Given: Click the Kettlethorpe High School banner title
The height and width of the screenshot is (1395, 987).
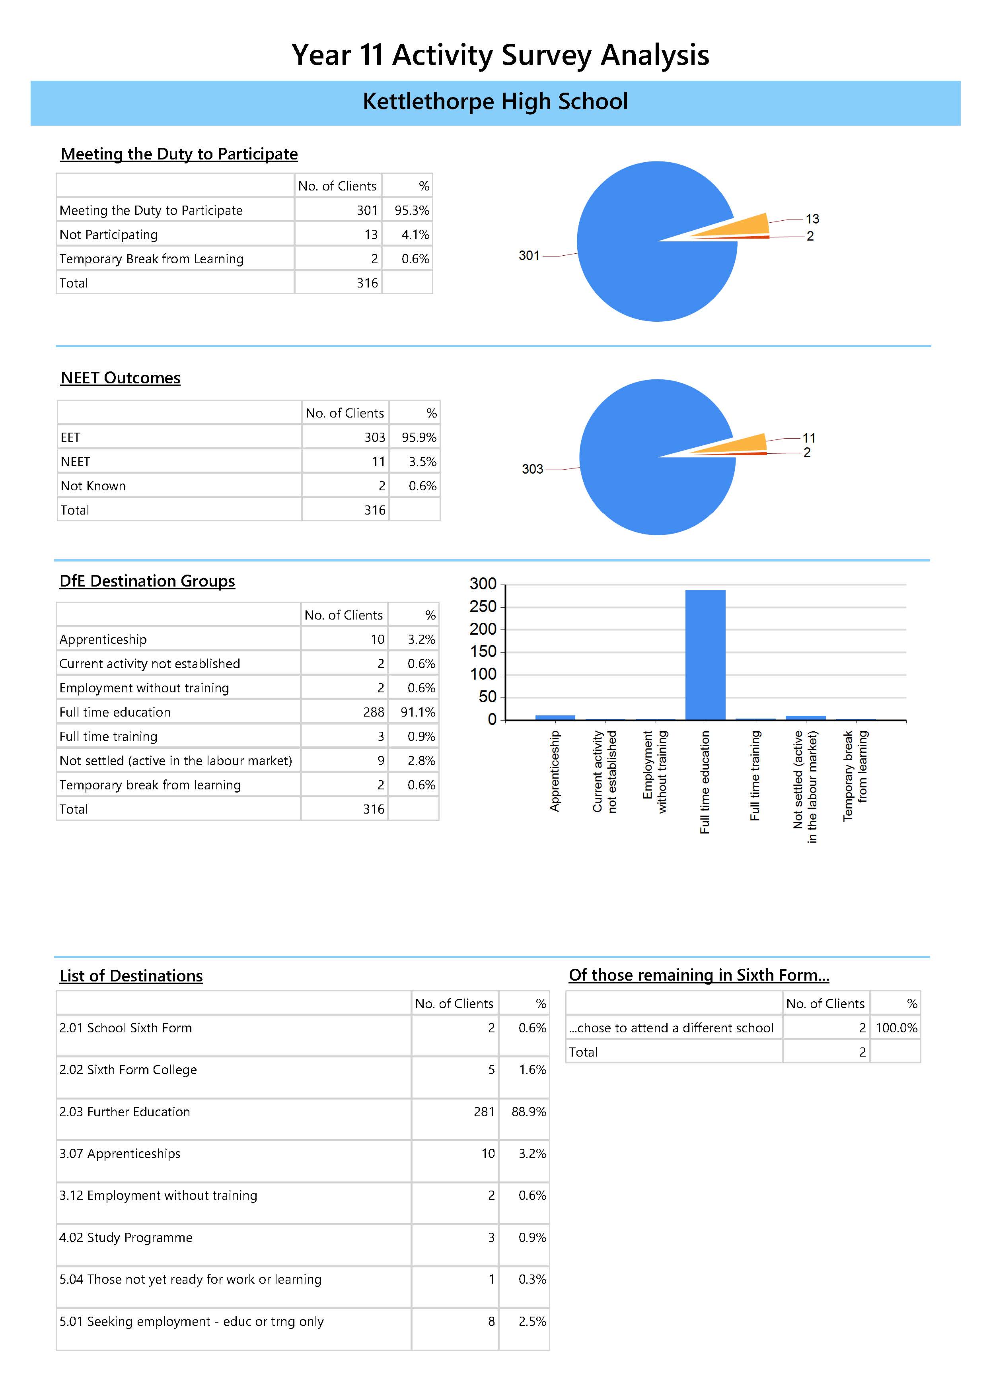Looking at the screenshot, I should click(x=495, y=101).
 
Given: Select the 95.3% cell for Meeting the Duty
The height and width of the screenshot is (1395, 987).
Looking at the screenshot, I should click(x=411, y=210).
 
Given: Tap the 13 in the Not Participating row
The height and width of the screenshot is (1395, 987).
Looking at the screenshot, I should click(x=371, y=235).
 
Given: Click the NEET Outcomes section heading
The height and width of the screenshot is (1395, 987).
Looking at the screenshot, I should click(x=120, y=378).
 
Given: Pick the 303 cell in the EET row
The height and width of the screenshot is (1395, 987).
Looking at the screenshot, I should click(x=374, y=437).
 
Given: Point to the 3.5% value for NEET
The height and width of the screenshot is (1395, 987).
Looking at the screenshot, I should click(x=422, y=462).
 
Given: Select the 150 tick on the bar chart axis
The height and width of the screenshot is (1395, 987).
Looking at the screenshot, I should click(x=483, y=652).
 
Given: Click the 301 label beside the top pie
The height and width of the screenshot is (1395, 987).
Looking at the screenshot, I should click(x=529, y=256).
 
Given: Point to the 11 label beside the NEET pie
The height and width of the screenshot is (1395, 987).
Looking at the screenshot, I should click(x=809, y=438).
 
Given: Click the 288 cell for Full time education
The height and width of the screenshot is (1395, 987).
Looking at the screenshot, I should click(x=374, y=712).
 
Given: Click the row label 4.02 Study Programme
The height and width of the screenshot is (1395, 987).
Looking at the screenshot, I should click(x=126, y=1238).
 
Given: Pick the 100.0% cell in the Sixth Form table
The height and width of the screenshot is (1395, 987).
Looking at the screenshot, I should click(x=896, y=1028).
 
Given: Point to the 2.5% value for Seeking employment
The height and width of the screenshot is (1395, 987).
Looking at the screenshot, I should click(x=532, y=1321).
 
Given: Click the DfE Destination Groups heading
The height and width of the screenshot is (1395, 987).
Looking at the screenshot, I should click(x=147, y=581).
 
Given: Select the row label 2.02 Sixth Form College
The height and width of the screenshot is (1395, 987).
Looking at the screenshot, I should click(x=128, y=1070).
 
